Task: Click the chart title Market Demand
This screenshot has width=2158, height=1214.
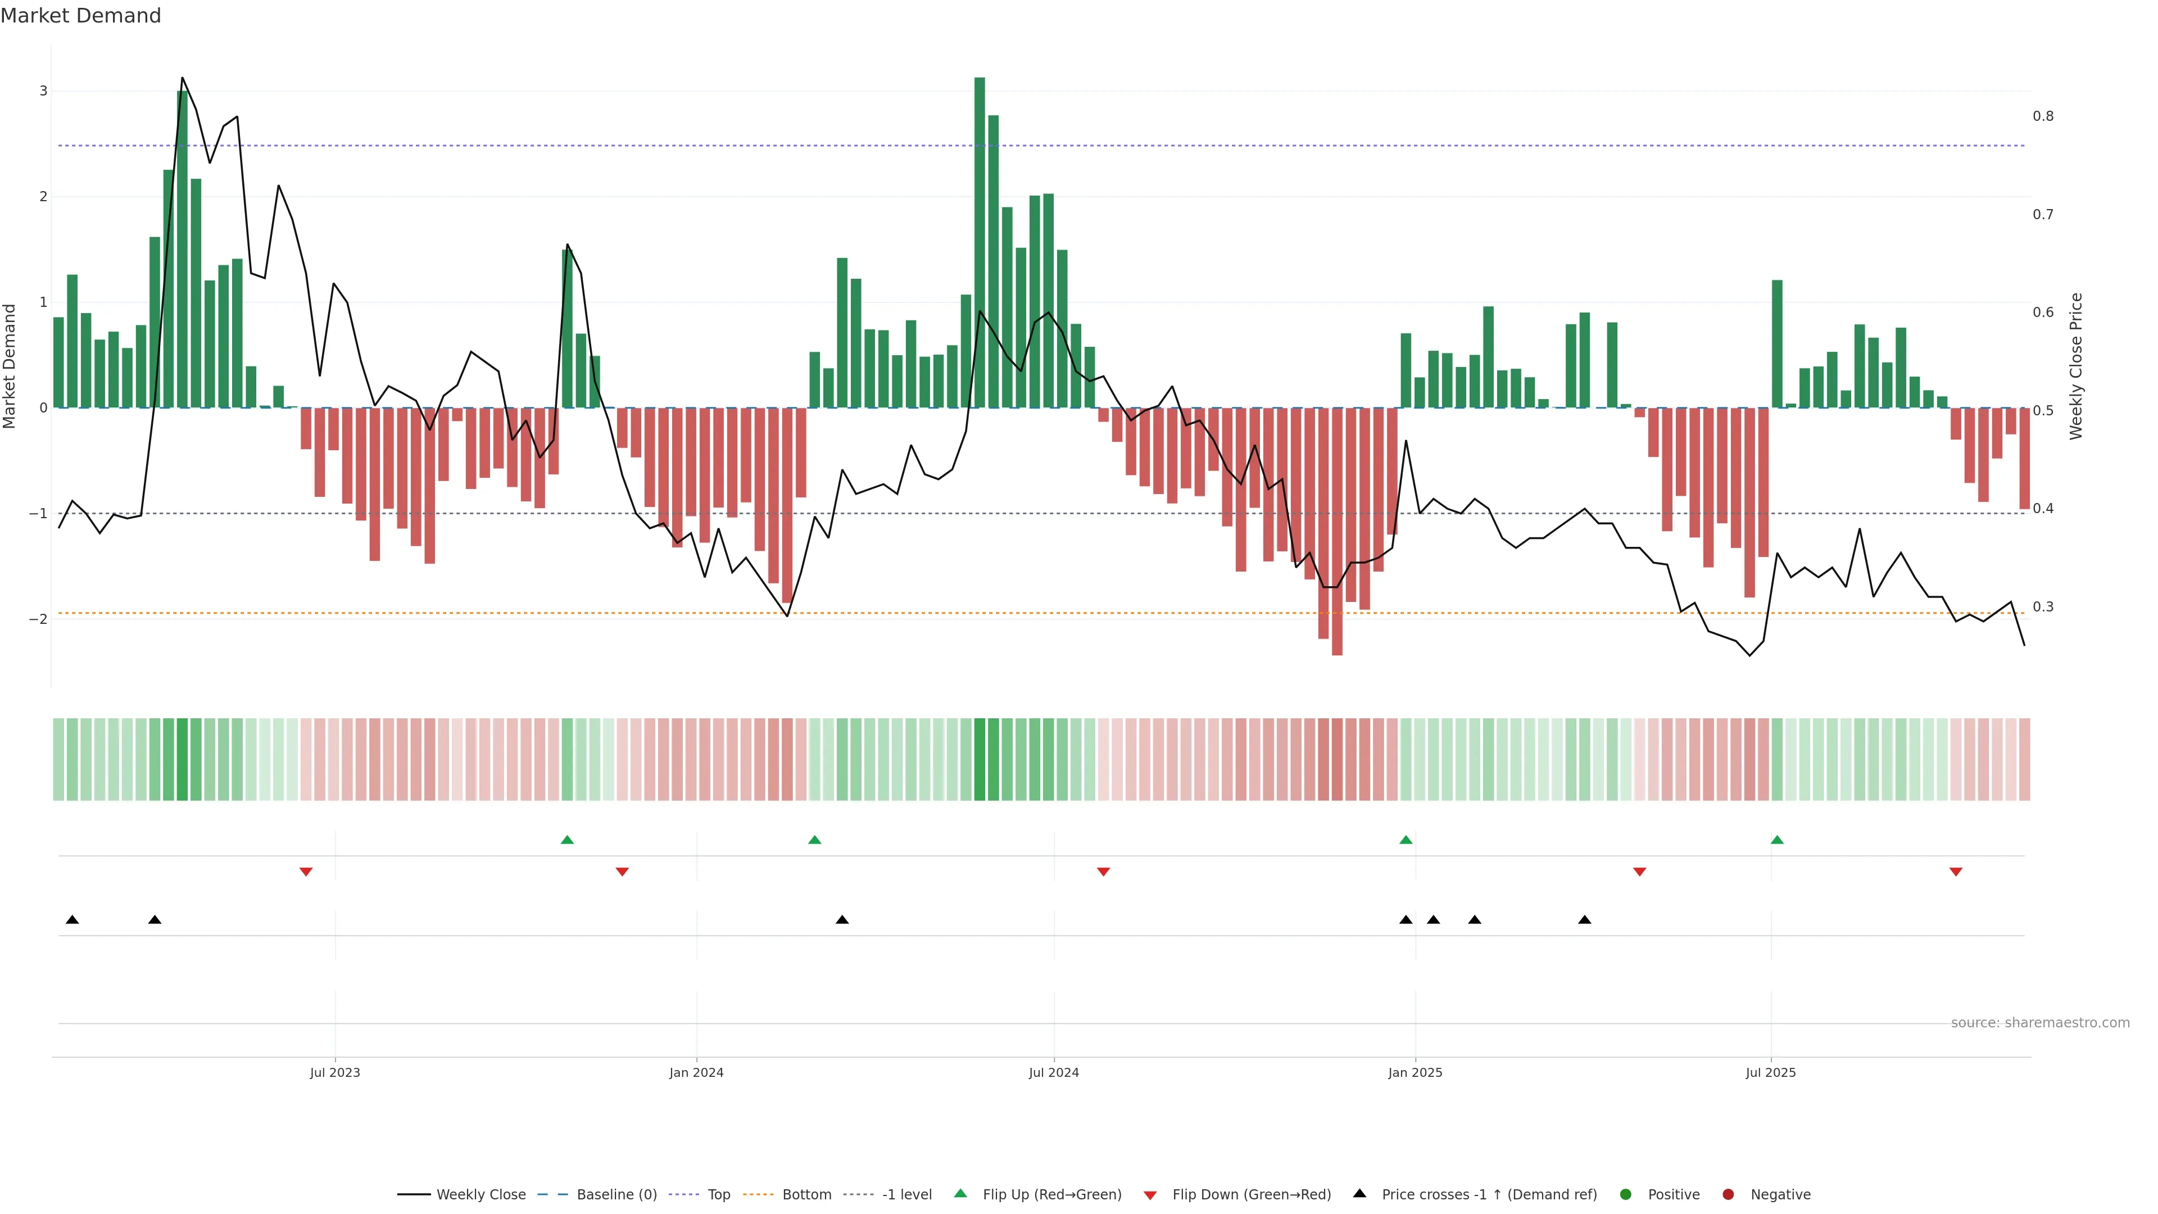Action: tap(80, 16)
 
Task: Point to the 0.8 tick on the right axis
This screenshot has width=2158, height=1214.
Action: tap(2043, 116)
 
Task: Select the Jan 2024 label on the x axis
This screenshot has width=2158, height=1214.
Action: tap(696, 1072)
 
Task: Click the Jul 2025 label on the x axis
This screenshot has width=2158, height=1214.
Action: tap(1770, 1072)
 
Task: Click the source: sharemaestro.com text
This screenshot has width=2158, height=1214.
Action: tap(2040, 1023)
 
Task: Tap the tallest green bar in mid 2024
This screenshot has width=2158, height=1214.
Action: tap(980, 243)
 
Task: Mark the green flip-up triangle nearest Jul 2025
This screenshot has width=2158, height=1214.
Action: tap(1777, 840)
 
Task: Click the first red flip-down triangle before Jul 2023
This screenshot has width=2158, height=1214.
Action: tap(306, 872)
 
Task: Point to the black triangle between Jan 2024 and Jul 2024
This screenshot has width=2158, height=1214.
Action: tap(842, 920)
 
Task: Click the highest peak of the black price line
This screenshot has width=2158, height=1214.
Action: tap(183, 78)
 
